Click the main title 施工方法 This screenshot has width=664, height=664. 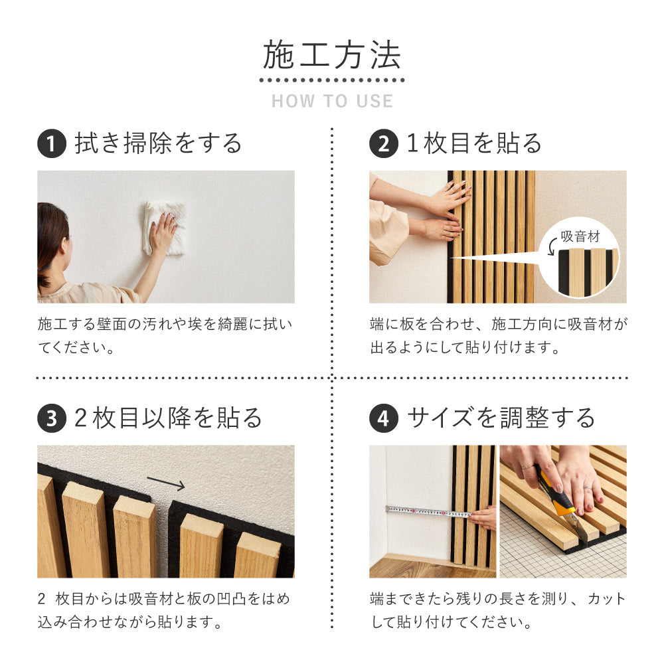tap(331, 56)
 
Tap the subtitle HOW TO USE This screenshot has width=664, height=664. tap(332, 102)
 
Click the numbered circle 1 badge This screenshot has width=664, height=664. tap(51, 144)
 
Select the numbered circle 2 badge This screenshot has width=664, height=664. tap(383, 144)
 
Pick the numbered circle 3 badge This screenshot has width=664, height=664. tap(51, 418)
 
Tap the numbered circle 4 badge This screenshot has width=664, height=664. tap(383, 418)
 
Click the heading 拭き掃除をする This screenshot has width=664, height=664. tap(159, 143)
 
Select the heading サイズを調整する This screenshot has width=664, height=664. tap(501, 418)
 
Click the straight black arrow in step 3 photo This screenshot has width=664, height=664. tap(166, 483)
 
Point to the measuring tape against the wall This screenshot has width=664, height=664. tap(428, 512)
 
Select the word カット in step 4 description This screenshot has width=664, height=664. tap(606, 599)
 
